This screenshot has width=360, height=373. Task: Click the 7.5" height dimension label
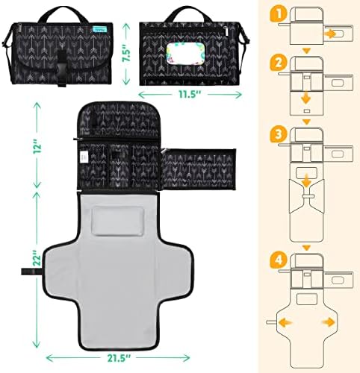coord(127,52)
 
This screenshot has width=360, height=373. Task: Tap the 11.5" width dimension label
coord(190,95)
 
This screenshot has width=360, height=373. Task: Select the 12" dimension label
coord(37,147)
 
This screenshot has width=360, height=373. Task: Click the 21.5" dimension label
coord(119,358)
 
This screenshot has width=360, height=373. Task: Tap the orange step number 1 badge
coord(278,14)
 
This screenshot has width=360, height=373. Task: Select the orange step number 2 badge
coord(278,63)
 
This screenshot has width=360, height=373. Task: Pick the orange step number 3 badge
coord(278,135)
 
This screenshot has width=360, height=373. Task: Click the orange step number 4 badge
coord(279,260)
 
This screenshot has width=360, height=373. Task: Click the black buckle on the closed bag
coord(61,68)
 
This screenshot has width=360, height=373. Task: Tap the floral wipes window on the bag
coord(184,52)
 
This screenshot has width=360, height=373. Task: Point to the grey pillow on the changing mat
coord(118,221)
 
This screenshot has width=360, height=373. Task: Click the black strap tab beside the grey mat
coord(31,272)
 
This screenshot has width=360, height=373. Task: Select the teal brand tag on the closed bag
coord(102,29)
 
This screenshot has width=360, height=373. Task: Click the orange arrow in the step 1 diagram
coord(330,34)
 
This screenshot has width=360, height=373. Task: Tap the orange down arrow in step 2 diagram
coord(306,98)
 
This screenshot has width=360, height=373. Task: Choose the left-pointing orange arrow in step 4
coord(285,322)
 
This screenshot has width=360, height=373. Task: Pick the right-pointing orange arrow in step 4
coord(329,322)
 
